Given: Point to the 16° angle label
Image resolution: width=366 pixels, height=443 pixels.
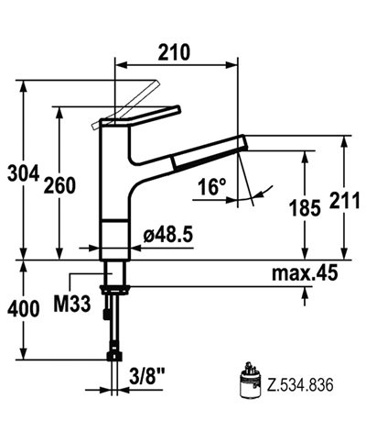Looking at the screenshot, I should pyautogui.click(x=210, y=187).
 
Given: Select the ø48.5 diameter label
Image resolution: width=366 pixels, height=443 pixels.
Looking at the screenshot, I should pyautogui.click(x=167, y=235).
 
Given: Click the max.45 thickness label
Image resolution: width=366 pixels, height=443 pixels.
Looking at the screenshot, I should pyautogui.click(x=306, y=271).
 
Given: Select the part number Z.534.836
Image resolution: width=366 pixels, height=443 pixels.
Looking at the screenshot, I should pyautogui.click(x=295, y=386).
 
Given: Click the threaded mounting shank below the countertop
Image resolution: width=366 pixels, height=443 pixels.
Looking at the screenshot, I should pyautogui.click(x=113, y=275).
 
